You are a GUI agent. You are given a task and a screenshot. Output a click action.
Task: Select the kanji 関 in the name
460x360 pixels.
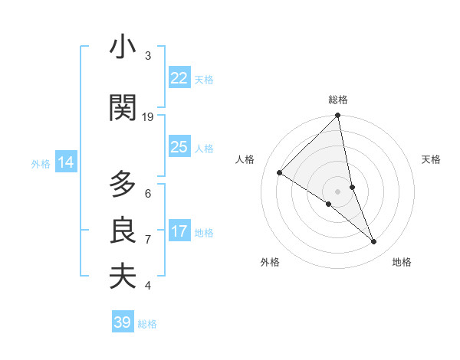tap(123, 108)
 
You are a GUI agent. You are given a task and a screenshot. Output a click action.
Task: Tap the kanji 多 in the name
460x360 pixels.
tap(123, 185)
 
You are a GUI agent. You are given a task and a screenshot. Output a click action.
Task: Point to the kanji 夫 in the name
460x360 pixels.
tap(123, 277)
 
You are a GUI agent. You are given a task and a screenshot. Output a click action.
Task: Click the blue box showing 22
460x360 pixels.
tap(179, 77)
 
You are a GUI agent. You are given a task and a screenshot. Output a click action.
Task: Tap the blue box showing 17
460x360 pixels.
tap(179, 231)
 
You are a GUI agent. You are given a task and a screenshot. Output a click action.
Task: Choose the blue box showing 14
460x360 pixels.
tap(66, 162)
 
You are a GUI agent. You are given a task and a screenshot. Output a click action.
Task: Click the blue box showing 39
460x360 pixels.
tap(123, 322)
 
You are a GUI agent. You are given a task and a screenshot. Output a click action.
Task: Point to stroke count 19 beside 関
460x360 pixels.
tap(148, 116)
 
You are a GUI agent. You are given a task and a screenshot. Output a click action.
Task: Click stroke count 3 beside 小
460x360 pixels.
tap(148, 55)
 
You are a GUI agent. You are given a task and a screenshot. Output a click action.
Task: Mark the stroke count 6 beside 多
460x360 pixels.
tap(148, 193)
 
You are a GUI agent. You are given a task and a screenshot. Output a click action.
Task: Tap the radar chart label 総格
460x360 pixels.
tap(338, 100)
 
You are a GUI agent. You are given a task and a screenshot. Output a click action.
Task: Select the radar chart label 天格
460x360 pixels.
tap(431, 159)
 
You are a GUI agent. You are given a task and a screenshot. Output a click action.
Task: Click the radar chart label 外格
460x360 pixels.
tap(270, 262)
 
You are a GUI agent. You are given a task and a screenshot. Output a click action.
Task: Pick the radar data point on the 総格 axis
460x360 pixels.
tap(338, 116)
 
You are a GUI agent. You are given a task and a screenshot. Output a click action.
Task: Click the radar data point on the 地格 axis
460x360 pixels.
tap(374, 242)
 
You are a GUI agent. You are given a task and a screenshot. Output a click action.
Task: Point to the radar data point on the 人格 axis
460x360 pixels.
tap(280, 172)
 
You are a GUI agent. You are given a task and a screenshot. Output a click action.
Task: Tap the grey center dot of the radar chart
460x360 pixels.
tap(338, 191)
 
